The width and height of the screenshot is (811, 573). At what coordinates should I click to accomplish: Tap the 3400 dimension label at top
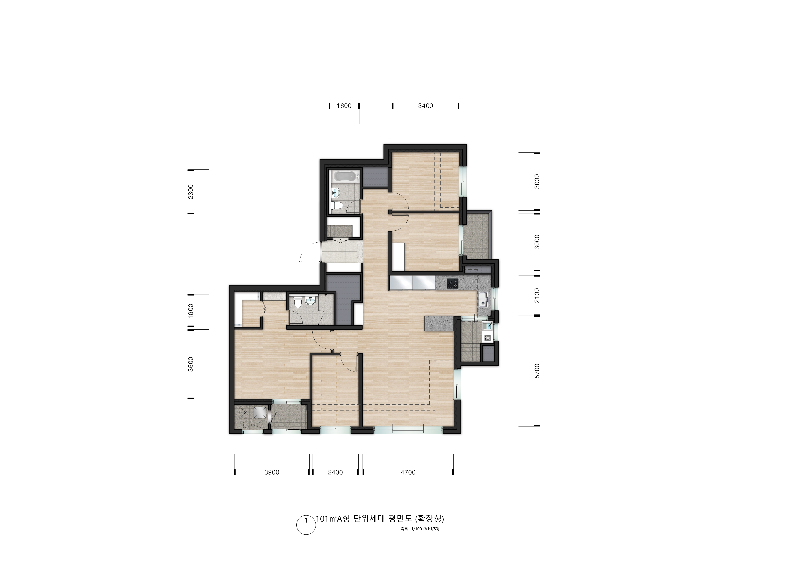pos(425,106)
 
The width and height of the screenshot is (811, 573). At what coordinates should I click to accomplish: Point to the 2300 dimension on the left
pos(191,192)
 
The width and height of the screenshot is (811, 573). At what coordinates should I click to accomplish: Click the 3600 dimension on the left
pos(191,364)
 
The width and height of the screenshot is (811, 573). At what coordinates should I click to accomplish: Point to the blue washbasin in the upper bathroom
pos(336,192)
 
